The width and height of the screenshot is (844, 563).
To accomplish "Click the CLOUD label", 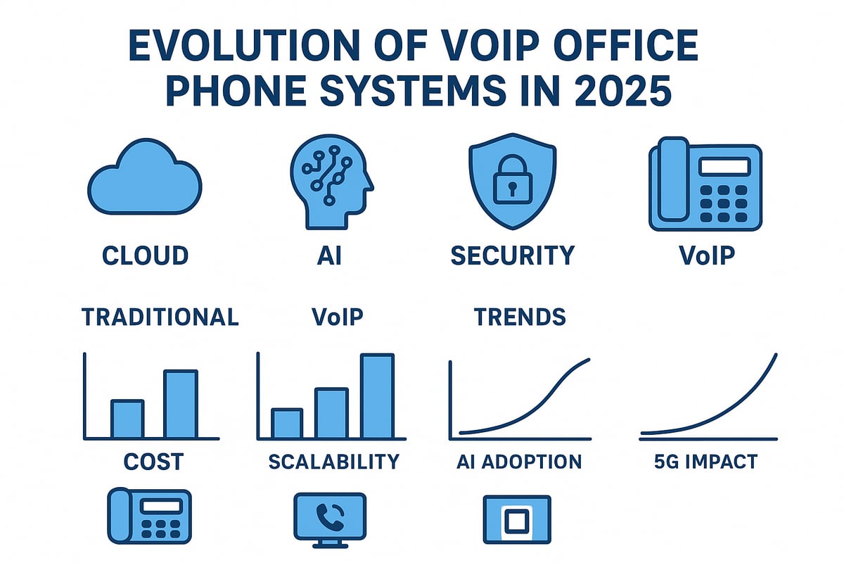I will [x=146, y=255].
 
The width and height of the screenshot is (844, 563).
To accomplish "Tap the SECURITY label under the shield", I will [x=512, y=255].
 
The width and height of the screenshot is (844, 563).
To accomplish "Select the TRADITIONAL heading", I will [x=160, y=317].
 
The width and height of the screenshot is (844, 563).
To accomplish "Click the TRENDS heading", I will [x=520, y=317].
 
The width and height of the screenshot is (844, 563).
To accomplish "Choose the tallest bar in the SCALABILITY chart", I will [x=377, y=396].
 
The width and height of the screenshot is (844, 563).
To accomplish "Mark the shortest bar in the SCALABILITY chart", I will [x=287, y=424].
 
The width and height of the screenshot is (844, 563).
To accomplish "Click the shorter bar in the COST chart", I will [x=127, y=419].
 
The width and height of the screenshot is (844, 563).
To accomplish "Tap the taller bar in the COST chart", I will [x=181, y=404].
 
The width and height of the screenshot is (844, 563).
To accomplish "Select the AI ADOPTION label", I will [x=519, y=462].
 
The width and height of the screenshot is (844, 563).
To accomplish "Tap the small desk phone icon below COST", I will [x=148, y=517].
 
